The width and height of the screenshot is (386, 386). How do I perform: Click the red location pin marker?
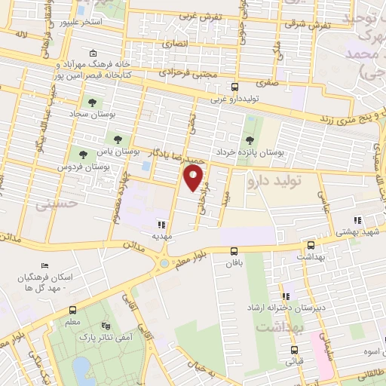pyautogui.click(x=195, y=178)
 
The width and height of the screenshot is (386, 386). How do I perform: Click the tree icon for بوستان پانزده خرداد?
pyautogui.click(x=250, y=139)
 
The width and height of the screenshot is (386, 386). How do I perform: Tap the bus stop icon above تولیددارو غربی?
pyautogui.click(x=234, y=87)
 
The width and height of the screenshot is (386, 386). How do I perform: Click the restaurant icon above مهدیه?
pyautogui.click(x=161, y=223)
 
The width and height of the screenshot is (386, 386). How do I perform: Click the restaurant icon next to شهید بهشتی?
pyautogui.click(x=357, y=221)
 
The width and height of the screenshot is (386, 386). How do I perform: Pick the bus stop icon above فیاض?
pyautogui.click(x=294, y=349)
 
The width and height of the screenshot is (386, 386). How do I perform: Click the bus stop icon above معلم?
pyautogui.click(x=72, y=310)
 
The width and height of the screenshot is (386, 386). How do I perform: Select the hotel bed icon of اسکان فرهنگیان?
pyautogui.click(x=45, y=267)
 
